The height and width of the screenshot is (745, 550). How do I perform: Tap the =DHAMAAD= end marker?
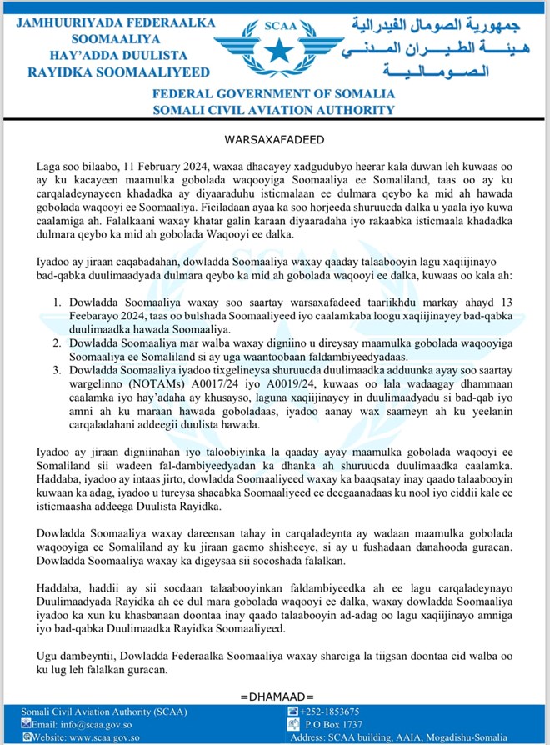coord(274,694)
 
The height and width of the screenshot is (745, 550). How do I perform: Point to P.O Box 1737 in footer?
coord(334,724)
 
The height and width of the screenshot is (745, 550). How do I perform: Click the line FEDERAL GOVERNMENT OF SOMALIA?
coord(274,95)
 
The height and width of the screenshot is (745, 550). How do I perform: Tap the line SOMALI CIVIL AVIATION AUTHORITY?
coord(274,109)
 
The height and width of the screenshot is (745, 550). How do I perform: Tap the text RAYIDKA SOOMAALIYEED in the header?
coord(106,72)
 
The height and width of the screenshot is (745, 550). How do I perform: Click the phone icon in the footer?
coord(292,712)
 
